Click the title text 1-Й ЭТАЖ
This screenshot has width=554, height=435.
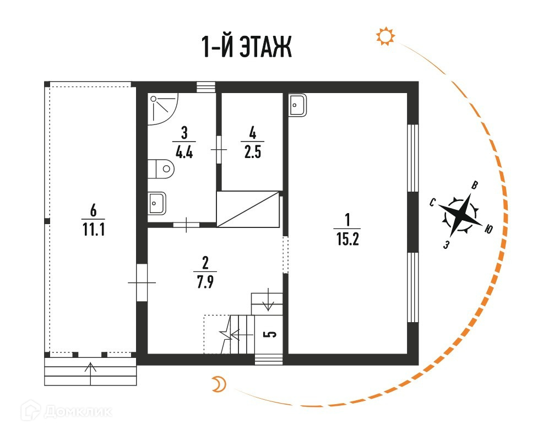click(x=246, y=48)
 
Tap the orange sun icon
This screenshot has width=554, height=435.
click(x=385, y=36)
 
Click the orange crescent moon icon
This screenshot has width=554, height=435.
click(x=219, y=385)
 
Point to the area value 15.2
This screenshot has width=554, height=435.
click(x=347, y=241)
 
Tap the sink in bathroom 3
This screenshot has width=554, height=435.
click(x=156, y=203)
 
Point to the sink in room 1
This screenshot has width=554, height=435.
click(x=298, y=104)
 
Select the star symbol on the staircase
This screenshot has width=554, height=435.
click(x=225, y=333)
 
